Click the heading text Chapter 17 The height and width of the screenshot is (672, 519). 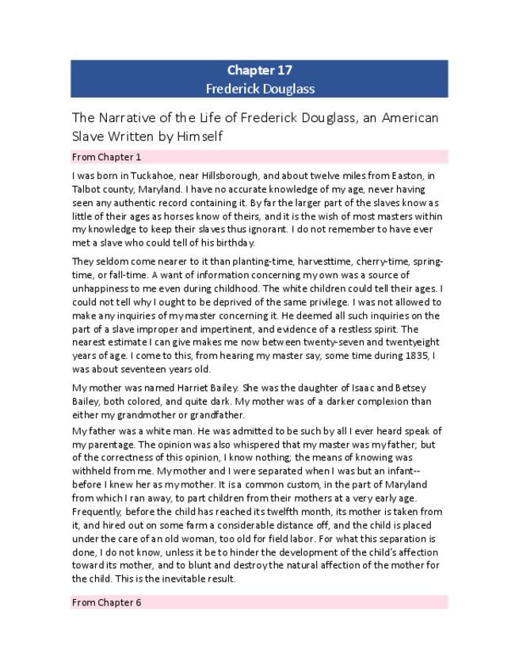click(x=259, y=71)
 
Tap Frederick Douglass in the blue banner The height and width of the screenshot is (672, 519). click(x=259, y=88)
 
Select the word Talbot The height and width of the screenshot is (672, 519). click(x=86, y=190)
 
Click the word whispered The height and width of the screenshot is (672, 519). click(x=233, y=445)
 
